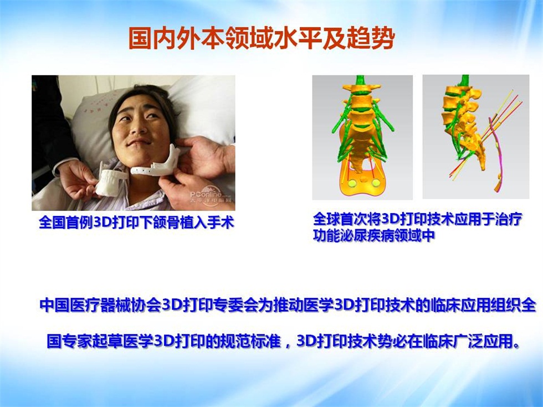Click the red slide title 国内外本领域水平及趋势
pos(262,38)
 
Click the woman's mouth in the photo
pos(140,141)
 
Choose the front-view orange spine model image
pos(362,137)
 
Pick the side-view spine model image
pos(476,137)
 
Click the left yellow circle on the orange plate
pos(352,183)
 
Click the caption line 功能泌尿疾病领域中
pos(374,236)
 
